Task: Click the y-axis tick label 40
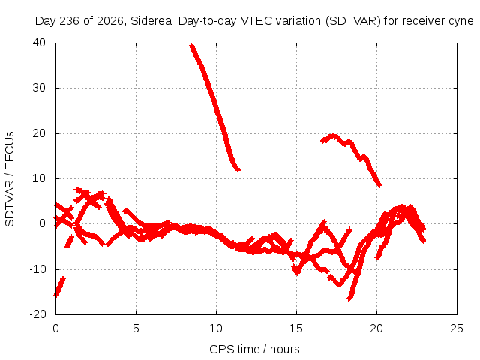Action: click(39, 43)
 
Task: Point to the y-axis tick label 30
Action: click(39, 88)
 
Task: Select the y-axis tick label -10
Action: click(37, 269)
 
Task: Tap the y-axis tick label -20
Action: click(37, 314)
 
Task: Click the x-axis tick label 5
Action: click(136, 328)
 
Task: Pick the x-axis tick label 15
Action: click(296, 328)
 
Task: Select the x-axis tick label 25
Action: click(457, 328)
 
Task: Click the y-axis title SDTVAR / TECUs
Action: click(10, 179)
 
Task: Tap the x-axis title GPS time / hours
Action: click(254, 349)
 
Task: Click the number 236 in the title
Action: click(69, 21)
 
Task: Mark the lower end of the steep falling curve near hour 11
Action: click(238, 169)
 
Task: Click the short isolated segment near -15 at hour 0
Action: click(59, 286)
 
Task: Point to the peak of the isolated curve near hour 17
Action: click(332, 136)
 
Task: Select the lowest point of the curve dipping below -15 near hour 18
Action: click(349, 298)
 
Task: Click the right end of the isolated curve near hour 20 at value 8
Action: click(380, 185)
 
